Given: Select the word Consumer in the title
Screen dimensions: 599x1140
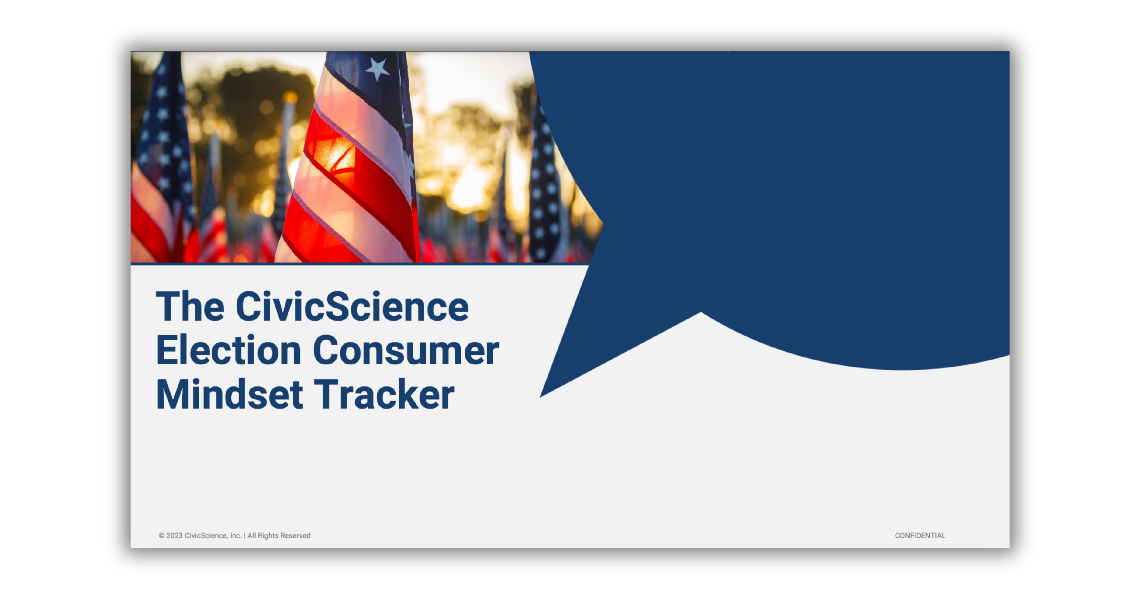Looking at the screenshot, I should [406, 351].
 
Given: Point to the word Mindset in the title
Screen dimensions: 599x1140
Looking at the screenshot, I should [229, 395].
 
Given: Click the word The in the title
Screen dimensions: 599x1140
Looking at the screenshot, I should [190, 307].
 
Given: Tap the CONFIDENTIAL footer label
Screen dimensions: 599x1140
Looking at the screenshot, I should [920, 536].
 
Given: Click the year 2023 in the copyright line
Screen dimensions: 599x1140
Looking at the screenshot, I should [174, 536].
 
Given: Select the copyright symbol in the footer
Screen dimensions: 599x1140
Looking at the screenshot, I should [161, 536].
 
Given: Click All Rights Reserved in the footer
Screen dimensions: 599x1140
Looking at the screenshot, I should [279, 536].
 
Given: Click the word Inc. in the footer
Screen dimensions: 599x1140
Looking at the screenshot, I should [235, 536].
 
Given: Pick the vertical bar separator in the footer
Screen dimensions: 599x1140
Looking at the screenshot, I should [245, 536].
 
